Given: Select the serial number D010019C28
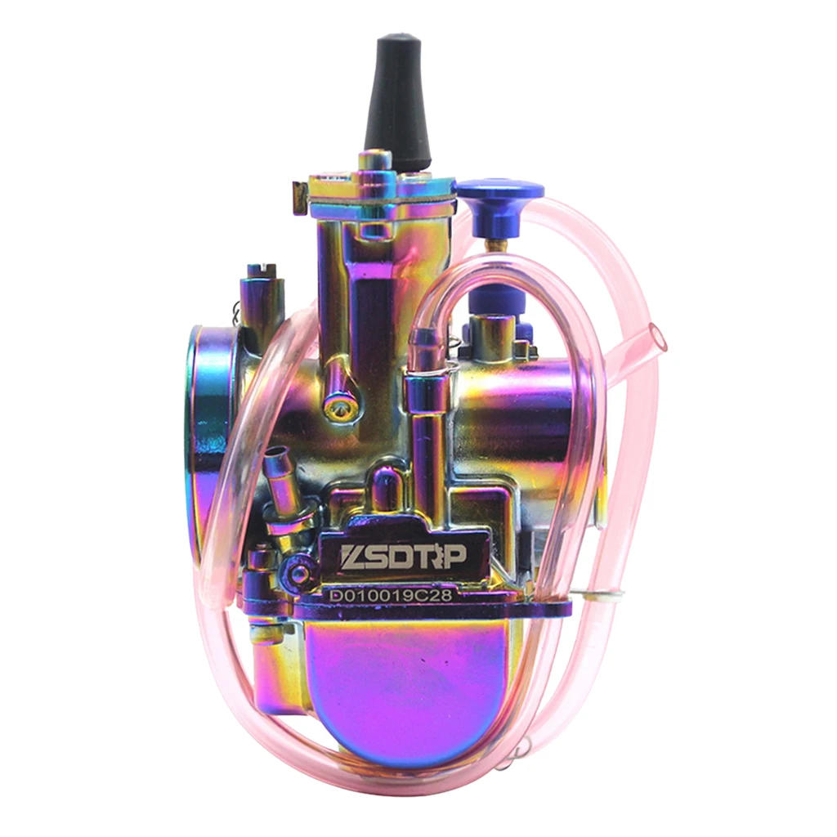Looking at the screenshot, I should tap(391, 596).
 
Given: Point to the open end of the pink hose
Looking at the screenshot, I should tap(656, 336).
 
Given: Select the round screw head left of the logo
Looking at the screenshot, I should tap(300, 573).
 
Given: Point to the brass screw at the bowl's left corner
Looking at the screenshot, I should tap(260, 629).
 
